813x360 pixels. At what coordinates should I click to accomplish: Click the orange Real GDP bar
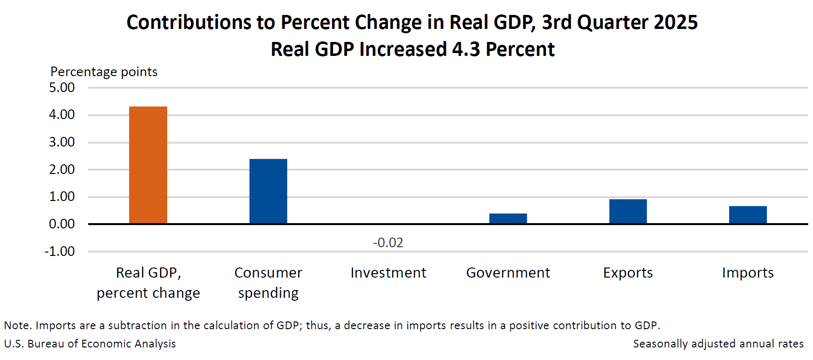click(148, 165)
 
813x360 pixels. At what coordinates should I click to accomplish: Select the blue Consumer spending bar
click(268, 191)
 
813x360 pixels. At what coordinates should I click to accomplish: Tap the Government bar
click(508, 218)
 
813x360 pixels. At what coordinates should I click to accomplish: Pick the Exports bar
click(627, 212)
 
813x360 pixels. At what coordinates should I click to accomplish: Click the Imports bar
click(747, 215)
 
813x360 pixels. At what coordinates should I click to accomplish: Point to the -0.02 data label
click(388, 242)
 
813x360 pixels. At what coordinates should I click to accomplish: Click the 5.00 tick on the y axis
click(62, 88)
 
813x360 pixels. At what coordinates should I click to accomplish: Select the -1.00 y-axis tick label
click(60, 252)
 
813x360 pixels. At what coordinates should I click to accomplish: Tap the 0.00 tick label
click(62, 224)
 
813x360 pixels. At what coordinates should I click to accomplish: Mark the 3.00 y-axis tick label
click(62, 142)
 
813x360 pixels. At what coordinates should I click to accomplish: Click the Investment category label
click(388, 273)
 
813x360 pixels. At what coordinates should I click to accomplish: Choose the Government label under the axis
click(508, 273)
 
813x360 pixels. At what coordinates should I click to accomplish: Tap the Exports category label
click(627, 273)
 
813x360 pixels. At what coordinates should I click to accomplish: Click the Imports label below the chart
click(747, 273)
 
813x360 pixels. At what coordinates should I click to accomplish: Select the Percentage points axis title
click(104, 72)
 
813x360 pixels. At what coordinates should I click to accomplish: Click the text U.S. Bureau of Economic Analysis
click(90, 344)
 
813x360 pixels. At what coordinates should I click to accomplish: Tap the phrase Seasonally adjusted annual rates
click(718, 344)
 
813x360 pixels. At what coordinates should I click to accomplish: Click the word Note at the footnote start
click(16, 325)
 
